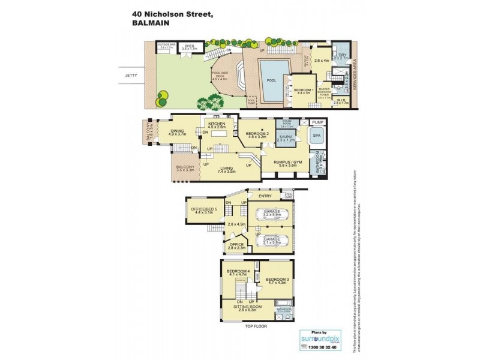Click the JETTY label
click(x=131, y=76)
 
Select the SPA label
click(x=316, y=137)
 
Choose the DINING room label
click(x=178, y=130)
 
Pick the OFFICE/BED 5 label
click(x=203, y=209)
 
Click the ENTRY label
click(x=265, y=196)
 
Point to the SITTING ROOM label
click(x=244, y=307)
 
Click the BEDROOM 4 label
click(x=238, y=272)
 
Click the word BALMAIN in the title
click(x=149, y=23)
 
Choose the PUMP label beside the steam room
click(x=318, y=122)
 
